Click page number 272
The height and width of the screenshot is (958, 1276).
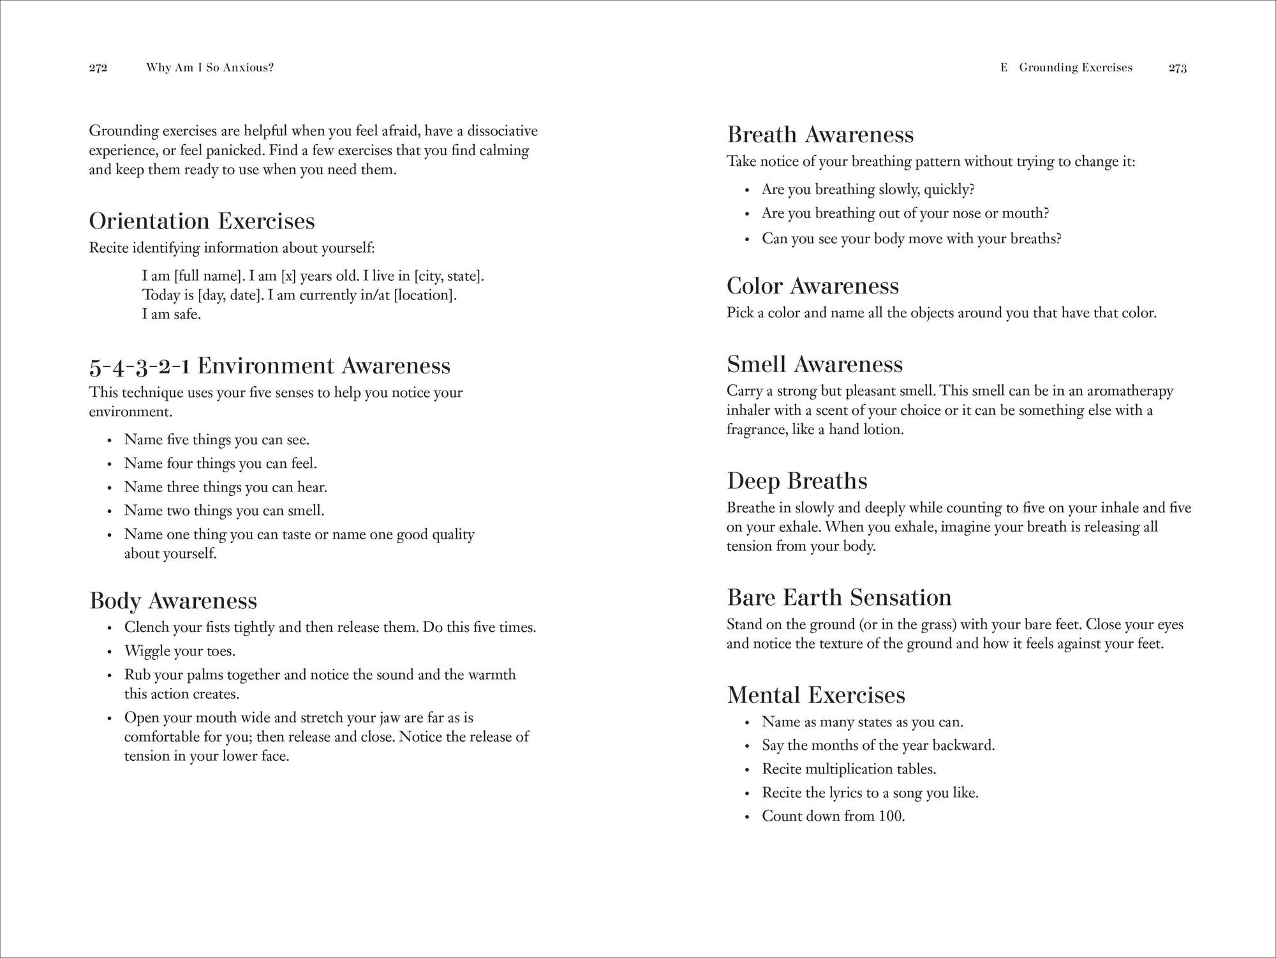[98, 68]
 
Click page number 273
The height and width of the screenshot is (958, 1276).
[1177, 68]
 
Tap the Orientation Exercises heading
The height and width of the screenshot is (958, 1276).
[202, 221]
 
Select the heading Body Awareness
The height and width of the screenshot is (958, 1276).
[173, 601]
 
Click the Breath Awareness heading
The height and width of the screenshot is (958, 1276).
[820, 135]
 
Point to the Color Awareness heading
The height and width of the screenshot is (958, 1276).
[812, 286]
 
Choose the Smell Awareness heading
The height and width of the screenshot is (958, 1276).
[815, 364]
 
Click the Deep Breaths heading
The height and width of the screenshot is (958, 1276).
[797, 481]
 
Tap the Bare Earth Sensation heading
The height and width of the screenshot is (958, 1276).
[839, 598]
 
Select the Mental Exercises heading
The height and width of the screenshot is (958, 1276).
[816, 695]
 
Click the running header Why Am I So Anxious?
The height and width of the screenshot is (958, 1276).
[210, 68]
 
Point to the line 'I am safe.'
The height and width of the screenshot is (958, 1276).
[172, 314]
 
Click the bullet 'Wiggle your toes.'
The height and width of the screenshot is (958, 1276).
[180, 651]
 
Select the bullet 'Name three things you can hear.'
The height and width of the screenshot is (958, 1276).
[225, 487]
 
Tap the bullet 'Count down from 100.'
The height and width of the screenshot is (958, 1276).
[833, 816]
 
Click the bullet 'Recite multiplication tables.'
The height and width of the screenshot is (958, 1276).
[849, 768]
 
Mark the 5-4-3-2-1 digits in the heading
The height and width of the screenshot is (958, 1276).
[140, 366]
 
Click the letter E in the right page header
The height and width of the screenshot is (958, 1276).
[1004, 68]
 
